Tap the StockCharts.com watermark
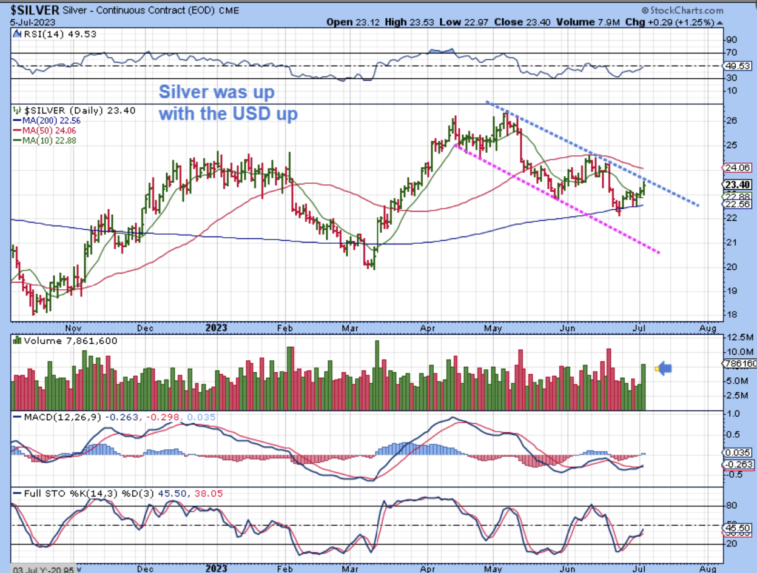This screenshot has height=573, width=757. [x=684, y=10]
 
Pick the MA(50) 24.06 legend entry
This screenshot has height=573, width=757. [x=51, y=130]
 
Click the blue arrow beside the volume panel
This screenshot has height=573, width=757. [x=665, y=367]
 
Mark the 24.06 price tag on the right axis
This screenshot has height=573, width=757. [x=738, y=167]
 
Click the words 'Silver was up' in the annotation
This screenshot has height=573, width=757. [x=217, y=92]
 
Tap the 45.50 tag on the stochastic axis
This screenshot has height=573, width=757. [x=738, y=528]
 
